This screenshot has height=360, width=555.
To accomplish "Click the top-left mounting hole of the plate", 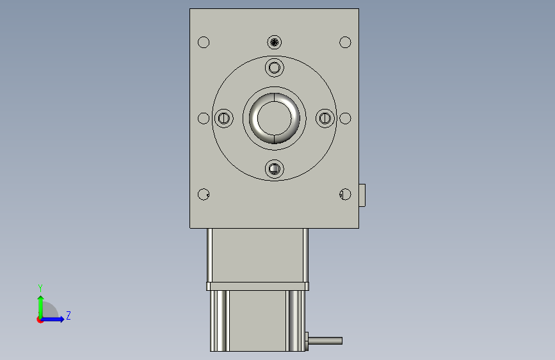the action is click(204, 42).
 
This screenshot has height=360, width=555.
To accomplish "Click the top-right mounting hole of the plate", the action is click(345, 42).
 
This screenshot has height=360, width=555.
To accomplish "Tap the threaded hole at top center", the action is click(275, 42).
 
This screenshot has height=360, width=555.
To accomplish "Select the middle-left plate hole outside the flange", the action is click(204, 118).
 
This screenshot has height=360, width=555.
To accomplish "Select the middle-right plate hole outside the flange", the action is click(345, 118).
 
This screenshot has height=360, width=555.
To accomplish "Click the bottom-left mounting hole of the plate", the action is click(204, 194).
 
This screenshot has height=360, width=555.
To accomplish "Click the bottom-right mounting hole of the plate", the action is click(345, 194).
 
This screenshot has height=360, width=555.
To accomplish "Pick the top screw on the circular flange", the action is click(275, 67).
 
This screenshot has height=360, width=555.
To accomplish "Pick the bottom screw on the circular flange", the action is click(275, 168).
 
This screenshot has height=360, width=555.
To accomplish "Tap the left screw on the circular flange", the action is click(223, 118).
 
